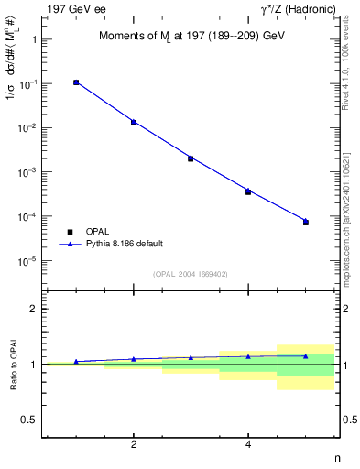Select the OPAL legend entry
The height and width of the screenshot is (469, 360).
95,231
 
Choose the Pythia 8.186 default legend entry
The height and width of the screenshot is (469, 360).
123,244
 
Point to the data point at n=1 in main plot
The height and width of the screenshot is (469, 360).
76,82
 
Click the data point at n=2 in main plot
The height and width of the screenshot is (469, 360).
134,122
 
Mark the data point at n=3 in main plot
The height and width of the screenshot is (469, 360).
191,158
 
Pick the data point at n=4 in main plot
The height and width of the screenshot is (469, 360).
248,191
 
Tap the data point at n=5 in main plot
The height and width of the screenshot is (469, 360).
306,223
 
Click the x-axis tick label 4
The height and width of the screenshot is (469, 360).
248,444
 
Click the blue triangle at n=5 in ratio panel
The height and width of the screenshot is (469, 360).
306,355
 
